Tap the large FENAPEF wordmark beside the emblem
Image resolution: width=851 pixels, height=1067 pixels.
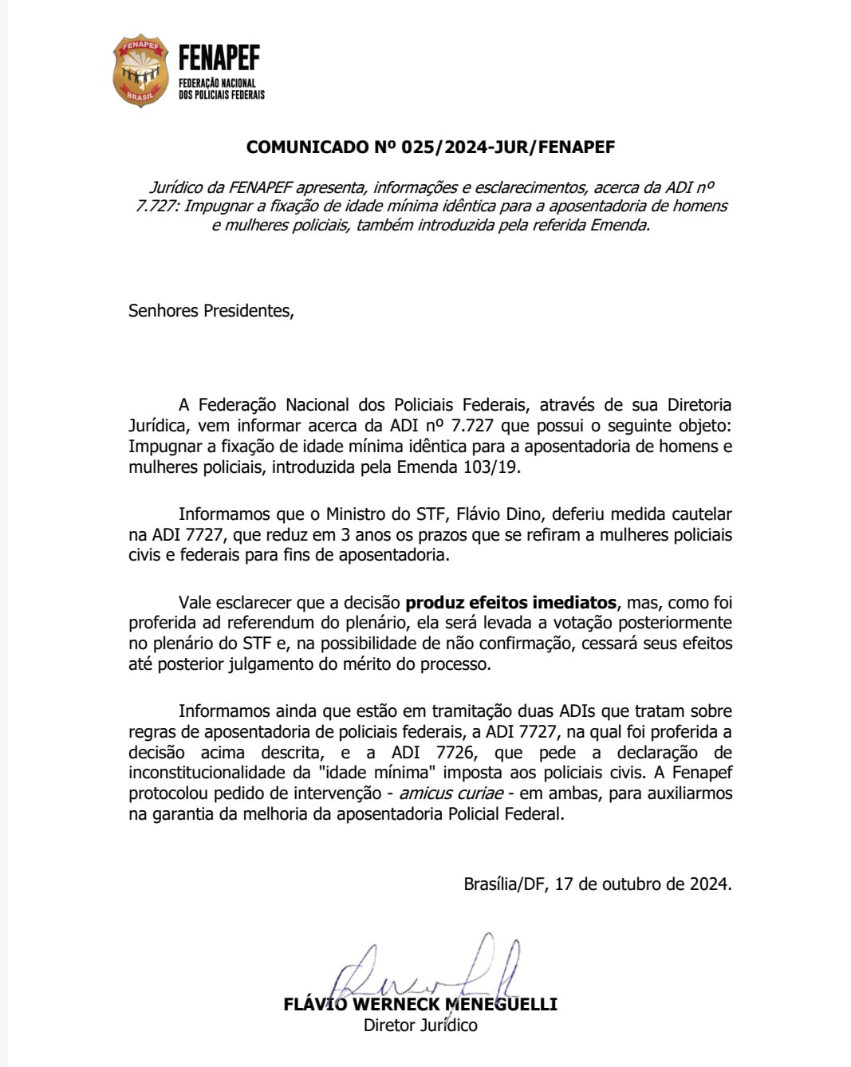coord(219,58)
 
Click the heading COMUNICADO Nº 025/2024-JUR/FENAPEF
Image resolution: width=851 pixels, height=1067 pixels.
coord(431,148)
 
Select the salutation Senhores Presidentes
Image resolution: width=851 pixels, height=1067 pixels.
coord(211,311)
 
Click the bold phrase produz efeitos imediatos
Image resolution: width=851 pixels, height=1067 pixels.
coord(510,603)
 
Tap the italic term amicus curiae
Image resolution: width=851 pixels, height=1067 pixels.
coord(451,793)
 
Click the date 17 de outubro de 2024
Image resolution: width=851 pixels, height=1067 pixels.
coord(643,884)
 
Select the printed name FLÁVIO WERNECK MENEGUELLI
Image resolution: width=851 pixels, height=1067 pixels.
coord(420,1005)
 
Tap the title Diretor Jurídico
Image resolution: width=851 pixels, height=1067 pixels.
coord(420,1026)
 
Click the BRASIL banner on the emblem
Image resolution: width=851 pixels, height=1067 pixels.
coord(140,96)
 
